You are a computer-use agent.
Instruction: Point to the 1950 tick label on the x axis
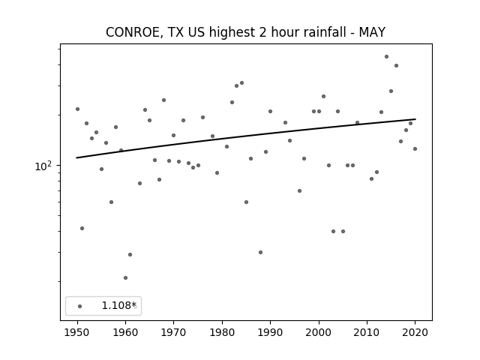tap(77, 332)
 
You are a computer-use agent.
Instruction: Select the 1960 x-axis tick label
tap(125, 332)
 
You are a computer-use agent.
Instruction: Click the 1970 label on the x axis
tap(173, 332)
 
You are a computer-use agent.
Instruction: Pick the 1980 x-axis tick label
tap(222, 332)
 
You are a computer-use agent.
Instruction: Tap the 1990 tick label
tap(270, 332)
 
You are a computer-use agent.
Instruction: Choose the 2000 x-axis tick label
tap(319, 332)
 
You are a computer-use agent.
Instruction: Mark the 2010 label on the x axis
tap(367, 332)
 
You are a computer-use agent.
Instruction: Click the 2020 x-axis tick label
tap(415, 332)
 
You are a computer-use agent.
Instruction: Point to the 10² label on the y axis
tap(43, 166)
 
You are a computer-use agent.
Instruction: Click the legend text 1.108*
tap(118, 305)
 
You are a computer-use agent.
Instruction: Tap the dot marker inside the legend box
tap(80, 306)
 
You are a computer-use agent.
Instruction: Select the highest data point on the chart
tap(387, 57)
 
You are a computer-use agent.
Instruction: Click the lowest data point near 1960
tap(125, 278)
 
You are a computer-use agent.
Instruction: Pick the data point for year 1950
tap(77, 109)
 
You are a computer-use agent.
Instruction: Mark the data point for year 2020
tap(415, 148)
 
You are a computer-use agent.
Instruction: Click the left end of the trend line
tap(76, 158)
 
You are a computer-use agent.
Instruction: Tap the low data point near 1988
tap(260, 252)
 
